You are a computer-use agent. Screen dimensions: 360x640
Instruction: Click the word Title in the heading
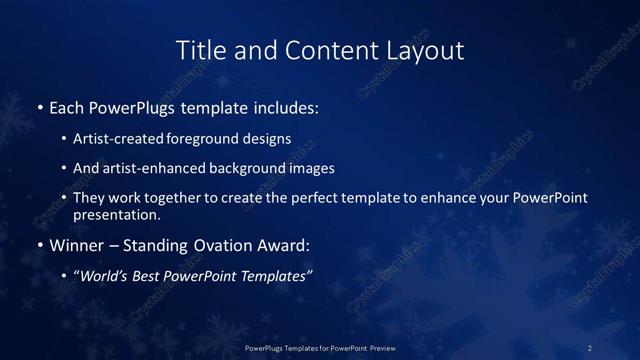click(x=196, y=49)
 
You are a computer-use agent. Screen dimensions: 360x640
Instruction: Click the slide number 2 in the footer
click(x=590, y=347)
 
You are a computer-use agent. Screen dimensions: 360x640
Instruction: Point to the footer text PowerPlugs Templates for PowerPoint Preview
click(x=320, y=347)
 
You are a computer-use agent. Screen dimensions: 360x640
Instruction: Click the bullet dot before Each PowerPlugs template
click(x=39, y=107)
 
